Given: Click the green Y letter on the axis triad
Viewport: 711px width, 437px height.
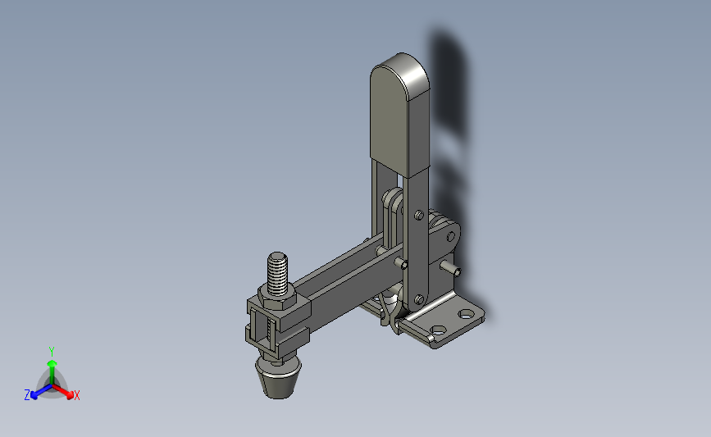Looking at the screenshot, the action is [51, 352].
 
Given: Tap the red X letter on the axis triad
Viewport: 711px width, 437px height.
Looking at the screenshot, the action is [76, 395].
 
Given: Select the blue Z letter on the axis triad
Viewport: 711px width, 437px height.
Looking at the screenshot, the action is [27, 395].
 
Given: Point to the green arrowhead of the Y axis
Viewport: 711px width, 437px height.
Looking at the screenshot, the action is [52, 363].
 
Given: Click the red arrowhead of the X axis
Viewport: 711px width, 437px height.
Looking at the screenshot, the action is [70, 395].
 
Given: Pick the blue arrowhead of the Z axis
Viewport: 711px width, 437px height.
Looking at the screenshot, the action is [34, 395].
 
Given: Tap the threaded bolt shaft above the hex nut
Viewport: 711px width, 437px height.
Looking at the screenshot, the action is [277, 275].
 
